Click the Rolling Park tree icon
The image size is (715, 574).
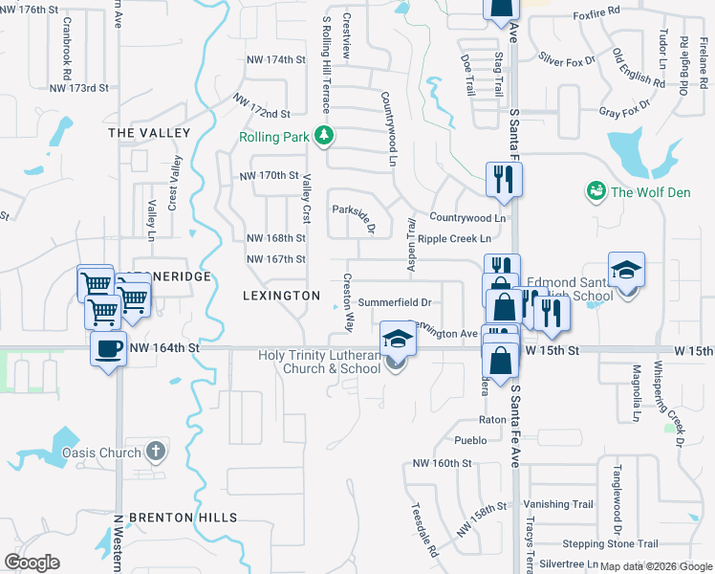pyautogui.click(x=325, y=136)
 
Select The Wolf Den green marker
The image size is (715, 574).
pyautogui.click(x=597, y=191)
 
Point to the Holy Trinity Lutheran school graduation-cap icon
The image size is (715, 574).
pyautogui.click(x=398, y=339)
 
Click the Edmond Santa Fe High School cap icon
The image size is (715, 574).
pyautogui.click(x=626, y=271)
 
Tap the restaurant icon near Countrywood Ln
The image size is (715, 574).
pyautogui.click(x=503, y=179)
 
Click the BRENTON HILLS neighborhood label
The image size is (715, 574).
pyautogui.click(x=183, y=518)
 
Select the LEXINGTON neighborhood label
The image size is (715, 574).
pyautogui.click(x=281, y=296)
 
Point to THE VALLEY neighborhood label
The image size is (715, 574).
pyautogui.click(x=149, y=132)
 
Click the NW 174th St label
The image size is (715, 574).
pyautogui.click(x=275, y=59)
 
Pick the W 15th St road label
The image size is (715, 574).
pyautogui.click(x=552, y=351)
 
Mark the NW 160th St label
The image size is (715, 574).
pyautogui.click(x=443, y=463)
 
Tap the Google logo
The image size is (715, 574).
pyautogui.click(x=32, y=563)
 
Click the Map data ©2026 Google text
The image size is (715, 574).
pyautogui.click(x=656, y=567)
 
